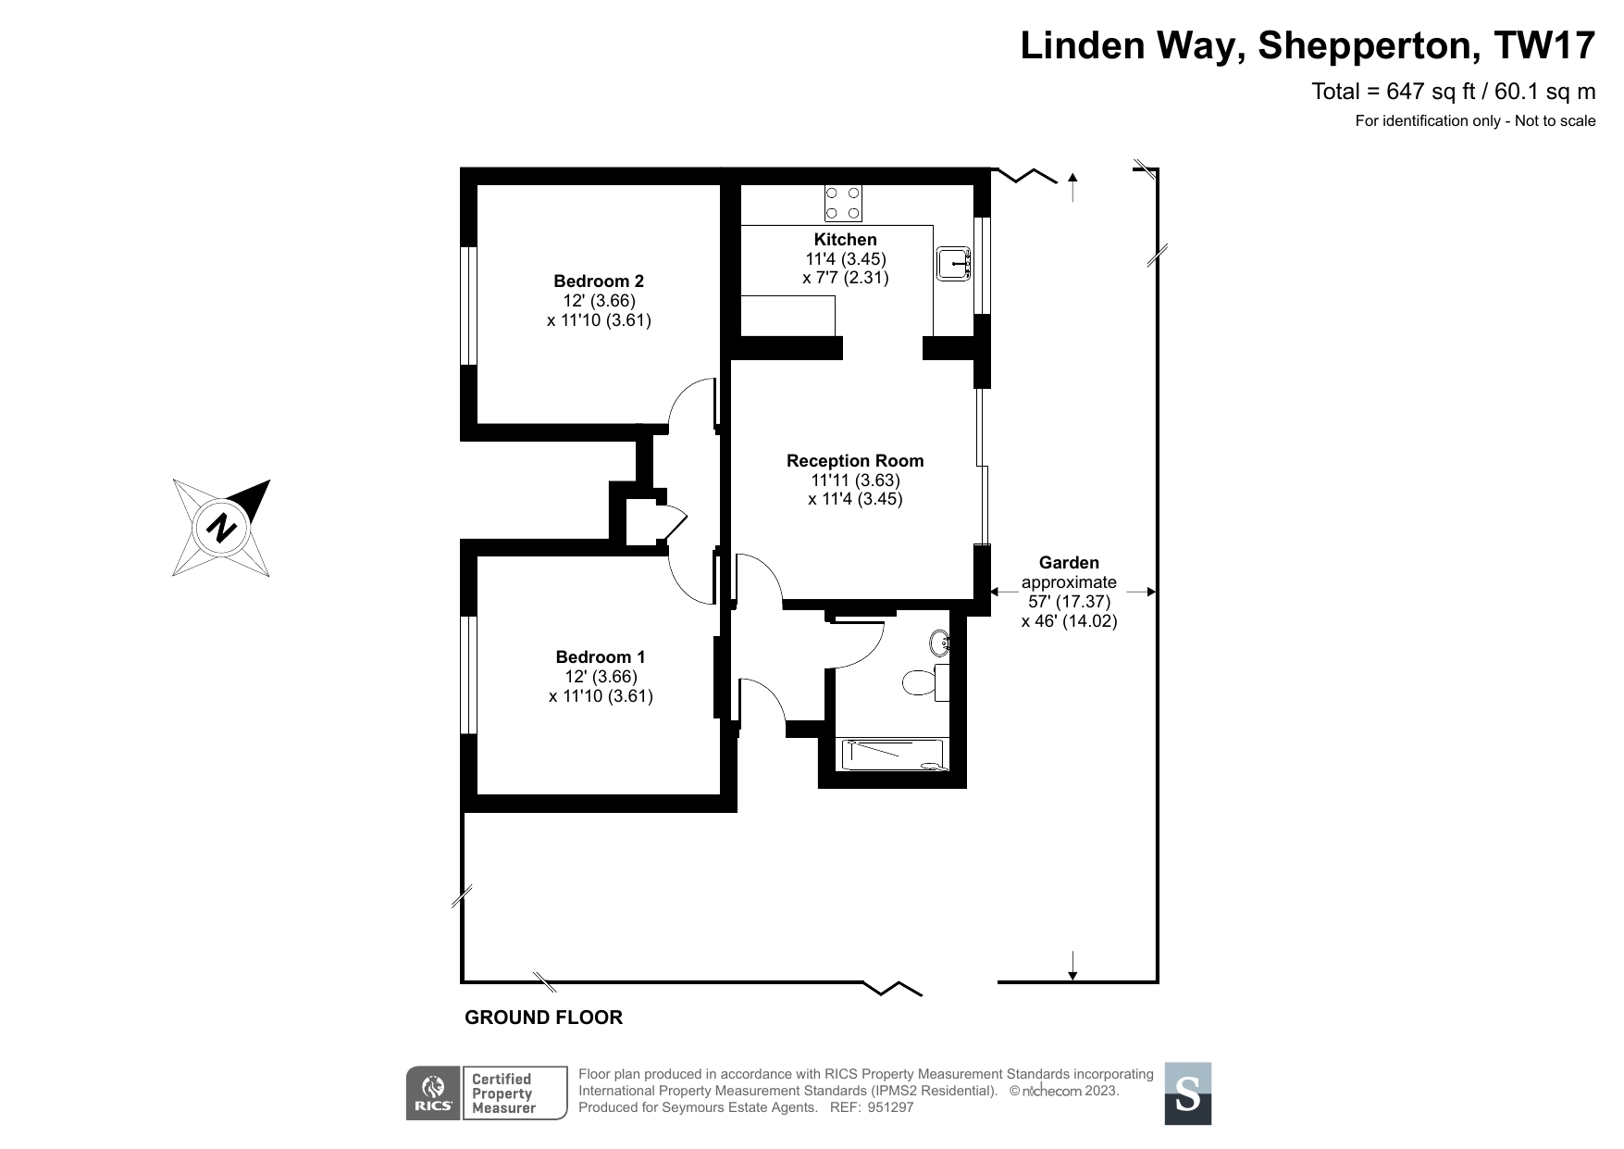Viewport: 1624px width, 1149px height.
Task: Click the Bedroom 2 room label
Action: (x=599, y=281)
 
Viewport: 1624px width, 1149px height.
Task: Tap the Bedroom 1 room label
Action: (x=601, y=657)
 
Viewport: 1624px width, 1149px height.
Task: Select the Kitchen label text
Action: (x=845, y=240)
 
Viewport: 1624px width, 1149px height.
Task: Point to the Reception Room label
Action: (x=855, y=461)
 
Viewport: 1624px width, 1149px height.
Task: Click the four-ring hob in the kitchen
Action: (x=843, y=204)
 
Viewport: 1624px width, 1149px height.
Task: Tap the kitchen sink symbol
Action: (x=953, y=264)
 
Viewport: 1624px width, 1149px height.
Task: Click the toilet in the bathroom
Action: (x=922, y=682)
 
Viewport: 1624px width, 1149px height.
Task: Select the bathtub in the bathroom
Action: (x=891, y=754)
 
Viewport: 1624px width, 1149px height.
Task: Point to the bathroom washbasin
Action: (x=940, y=641)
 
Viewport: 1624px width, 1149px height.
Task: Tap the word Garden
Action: (x=1069, y=563)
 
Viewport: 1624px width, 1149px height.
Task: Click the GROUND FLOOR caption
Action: (x=543, y=1018)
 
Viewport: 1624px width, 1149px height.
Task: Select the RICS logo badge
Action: (x=432, y=1093)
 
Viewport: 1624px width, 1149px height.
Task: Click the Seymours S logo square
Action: (x=1187, y=1093)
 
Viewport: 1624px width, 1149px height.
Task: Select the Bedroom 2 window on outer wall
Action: (x=469, y=306)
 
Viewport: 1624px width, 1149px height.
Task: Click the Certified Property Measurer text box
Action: (x=514, y=1093)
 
